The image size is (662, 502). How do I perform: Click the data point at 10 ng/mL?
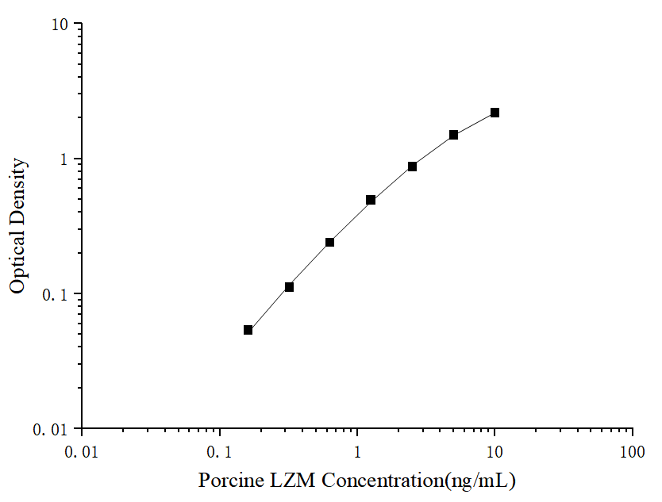pyautogui.click(x=495, y=113)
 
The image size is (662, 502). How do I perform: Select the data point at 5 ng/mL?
pyautogui.click(x=453, y=135)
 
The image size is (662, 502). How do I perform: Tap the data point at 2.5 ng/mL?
pyautogui.click(x=412, y=167)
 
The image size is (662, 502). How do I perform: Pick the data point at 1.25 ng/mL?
pyautogui.click(x=371, y=200)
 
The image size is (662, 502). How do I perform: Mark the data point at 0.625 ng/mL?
pyautogui.click(x=329, y=242)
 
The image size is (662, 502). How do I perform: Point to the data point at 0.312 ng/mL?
pyautogui.click(x=289, y=286)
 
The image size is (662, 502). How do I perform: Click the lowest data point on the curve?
pyautogui.click(x=248, y=330)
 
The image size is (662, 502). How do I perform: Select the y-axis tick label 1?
pyautogui.click(x=67, y=159)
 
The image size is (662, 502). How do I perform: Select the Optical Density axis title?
pyautogui.click(x=17, y=226)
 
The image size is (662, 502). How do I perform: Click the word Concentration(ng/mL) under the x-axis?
pyautogui.click(x=419, y=481)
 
